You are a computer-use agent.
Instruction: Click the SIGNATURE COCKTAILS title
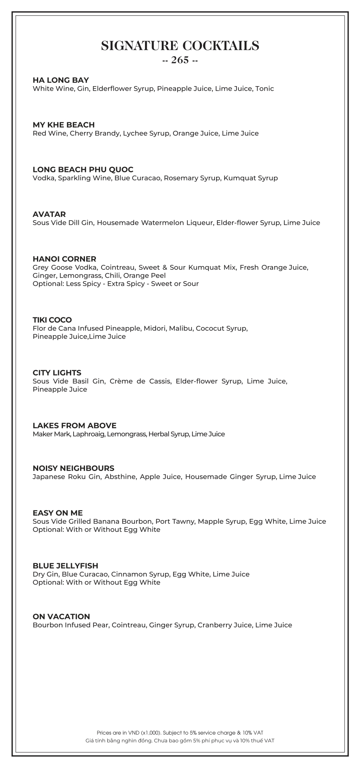(180, 46)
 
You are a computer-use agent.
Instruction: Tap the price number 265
(180, 60)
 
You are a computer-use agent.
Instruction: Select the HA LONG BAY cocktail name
(61, 80)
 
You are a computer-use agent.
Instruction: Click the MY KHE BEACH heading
(63, 125)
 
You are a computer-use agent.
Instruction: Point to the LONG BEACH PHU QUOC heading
(83, 169)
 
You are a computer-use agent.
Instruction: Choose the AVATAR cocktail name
(49, 214)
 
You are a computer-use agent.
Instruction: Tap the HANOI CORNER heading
(64, 259)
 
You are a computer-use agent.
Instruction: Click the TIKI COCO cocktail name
(52, 320)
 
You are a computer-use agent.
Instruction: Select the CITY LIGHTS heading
(57, 373)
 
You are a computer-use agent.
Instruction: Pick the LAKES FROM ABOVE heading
(74, 425)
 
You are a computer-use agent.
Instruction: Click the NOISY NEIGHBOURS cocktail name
(73, 468)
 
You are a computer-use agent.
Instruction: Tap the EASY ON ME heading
(57, 513)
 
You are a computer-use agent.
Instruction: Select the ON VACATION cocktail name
(61, 616)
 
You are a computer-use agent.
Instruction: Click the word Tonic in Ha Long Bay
(265, 89)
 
